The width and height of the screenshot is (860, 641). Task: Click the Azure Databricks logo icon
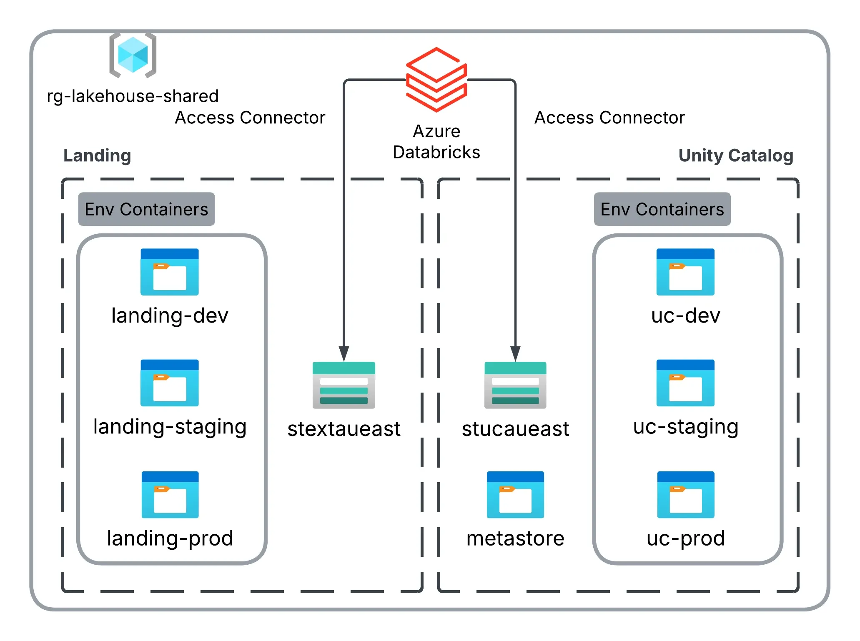436,79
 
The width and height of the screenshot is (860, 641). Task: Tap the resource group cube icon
133,55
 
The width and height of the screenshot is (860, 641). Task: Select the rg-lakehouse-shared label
133,96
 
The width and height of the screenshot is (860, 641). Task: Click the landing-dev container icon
169,272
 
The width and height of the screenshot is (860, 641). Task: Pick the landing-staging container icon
169,383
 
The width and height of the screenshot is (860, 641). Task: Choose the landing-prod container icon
170,494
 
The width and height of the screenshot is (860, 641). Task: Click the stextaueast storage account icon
343,385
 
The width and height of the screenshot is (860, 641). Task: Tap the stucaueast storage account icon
515,385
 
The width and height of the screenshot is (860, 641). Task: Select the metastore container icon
515,494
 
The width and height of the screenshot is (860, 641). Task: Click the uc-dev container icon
685,272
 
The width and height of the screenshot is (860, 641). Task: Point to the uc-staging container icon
685,383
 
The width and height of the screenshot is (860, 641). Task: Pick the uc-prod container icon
686,494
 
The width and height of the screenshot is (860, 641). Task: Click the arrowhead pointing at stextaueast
343,353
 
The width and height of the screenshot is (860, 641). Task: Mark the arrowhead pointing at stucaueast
515,353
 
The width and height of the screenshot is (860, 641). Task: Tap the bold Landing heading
97,155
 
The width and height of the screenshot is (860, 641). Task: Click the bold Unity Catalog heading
736,155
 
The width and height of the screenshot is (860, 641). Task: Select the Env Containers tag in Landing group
146,209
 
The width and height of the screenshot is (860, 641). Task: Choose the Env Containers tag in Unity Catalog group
662,209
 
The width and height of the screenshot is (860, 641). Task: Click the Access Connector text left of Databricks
250,118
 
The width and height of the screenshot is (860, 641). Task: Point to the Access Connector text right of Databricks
609,118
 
